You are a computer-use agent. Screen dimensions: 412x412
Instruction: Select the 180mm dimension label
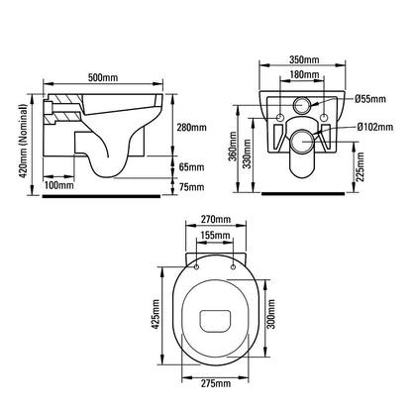pyautogui.click(x=305, y=74)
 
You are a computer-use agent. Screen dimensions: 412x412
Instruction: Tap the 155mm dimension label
pyautogui.click(x=216, y=235)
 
